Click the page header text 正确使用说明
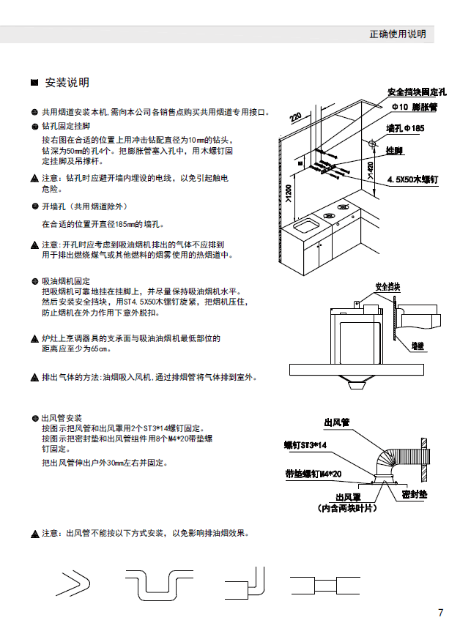[x=397, y=34]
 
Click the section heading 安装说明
[x=67, y=82]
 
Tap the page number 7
[x=440, y=613]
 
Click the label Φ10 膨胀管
[x=415, y=107]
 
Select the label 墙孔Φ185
[x=404, y=128]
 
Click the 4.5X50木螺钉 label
[x=412, y=179]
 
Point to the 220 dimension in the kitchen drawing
[x=295, y=117]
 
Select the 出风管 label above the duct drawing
[x=338, y=422]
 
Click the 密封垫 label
[x=415, y=495]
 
